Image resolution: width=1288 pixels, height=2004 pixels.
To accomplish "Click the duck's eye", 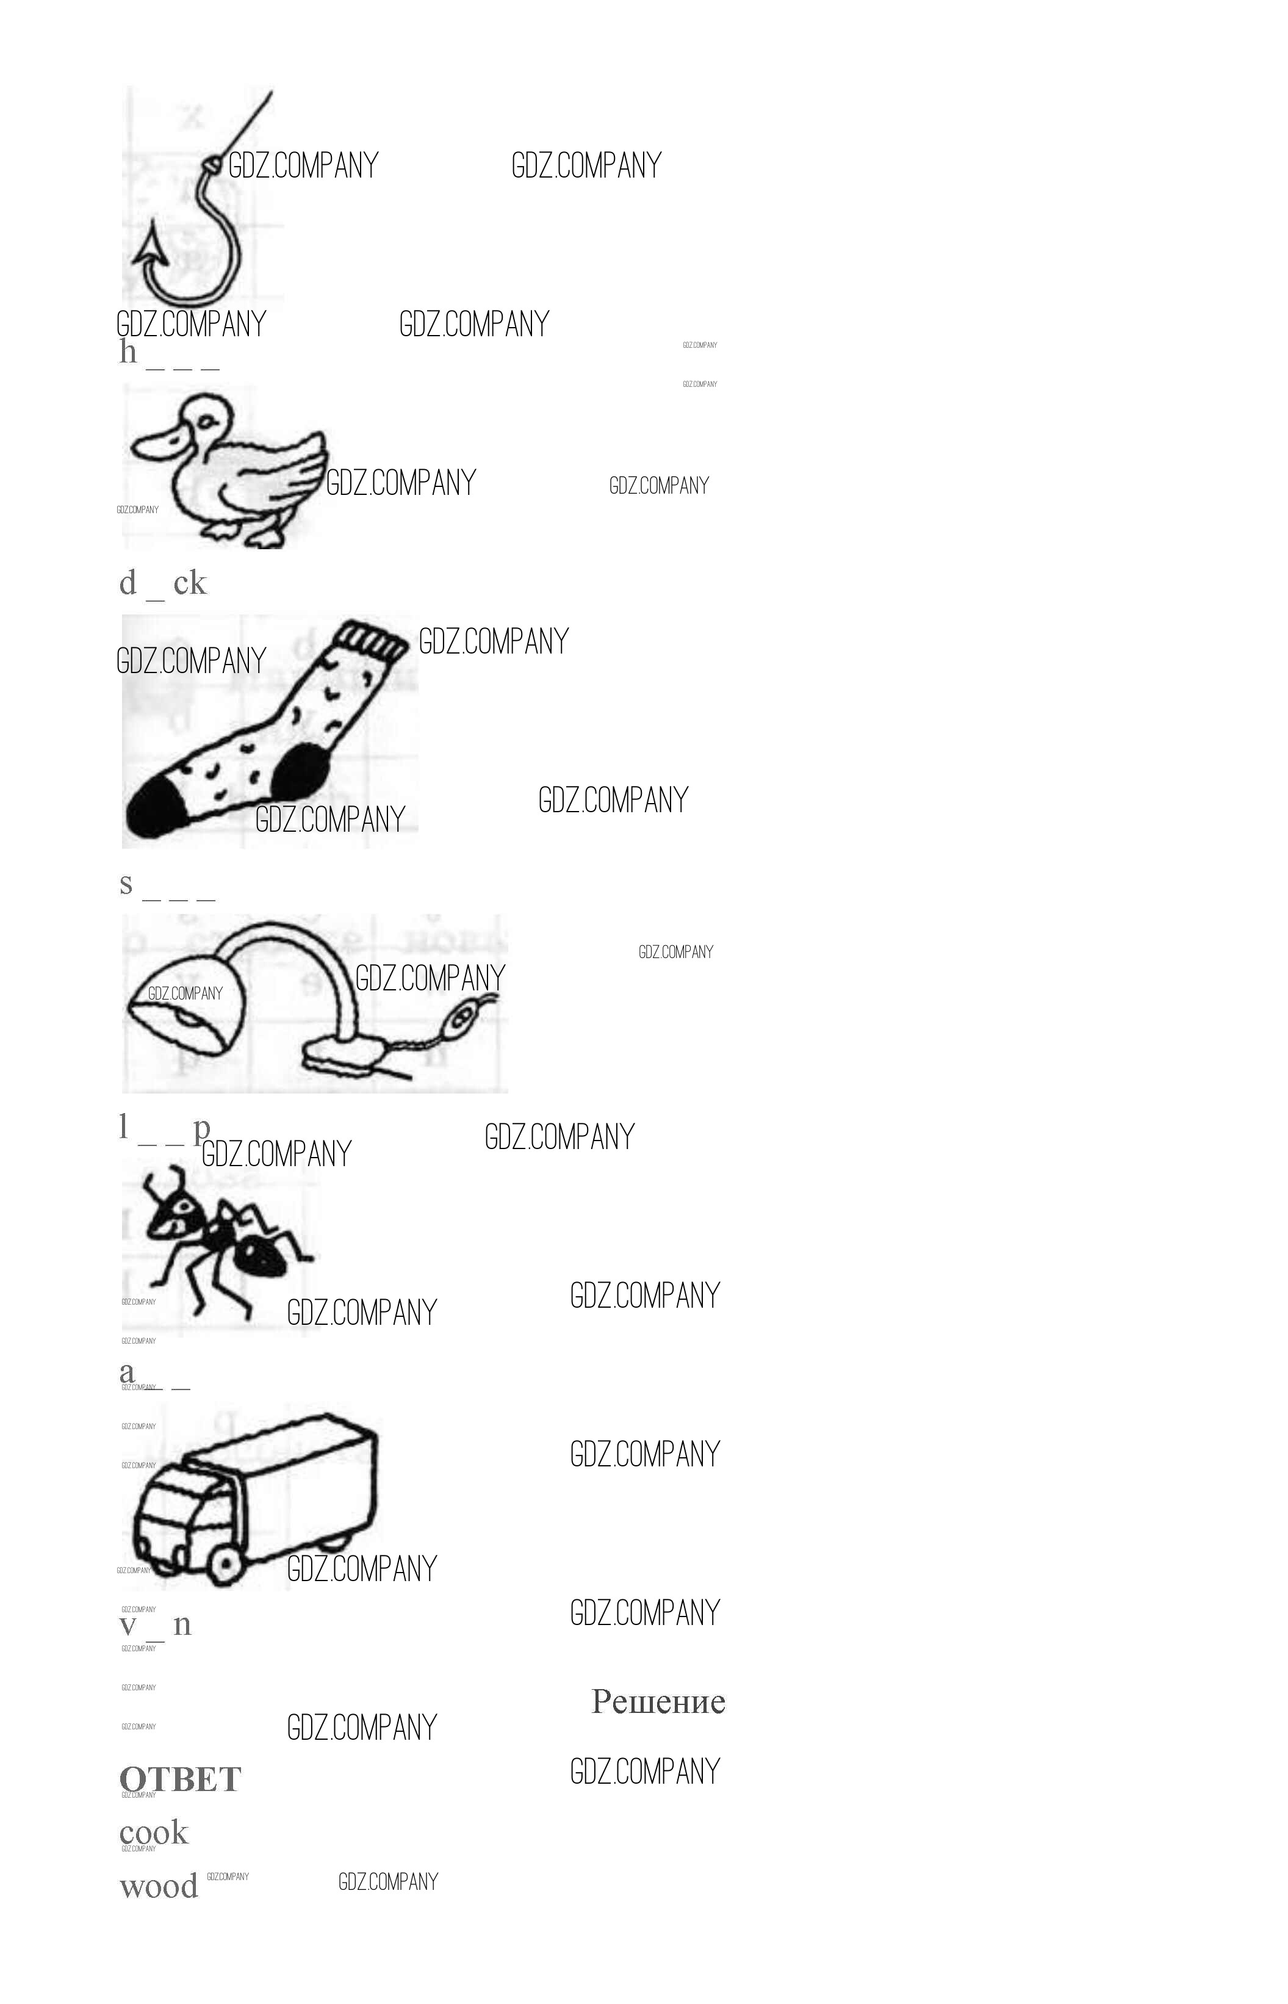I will [204, 422].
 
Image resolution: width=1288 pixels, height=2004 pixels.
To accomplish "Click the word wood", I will [158, 1886].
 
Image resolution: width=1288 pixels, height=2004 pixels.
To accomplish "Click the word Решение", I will [658, 1701].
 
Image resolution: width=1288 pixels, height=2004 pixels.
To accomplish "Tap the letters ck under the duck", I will [190, 582].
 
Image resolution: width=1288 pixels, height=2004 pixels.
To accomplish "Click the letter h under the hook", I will [128, 352].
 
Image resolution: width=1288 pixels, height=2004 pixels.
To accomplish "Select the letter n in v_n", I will [182, 1624].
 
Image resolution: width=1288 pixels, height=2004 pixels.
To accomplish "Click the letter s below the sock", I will [126, 883].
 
